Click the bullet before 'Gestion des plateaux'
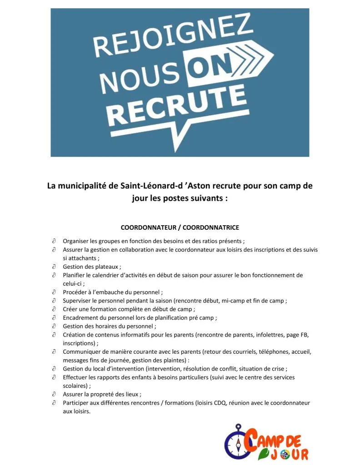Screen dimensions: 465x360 pos(54,267)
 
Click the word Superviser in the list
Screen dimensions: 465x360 pos(77,301)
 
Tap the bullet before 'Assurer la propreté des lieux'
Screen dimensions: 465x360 pos(54,394)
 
